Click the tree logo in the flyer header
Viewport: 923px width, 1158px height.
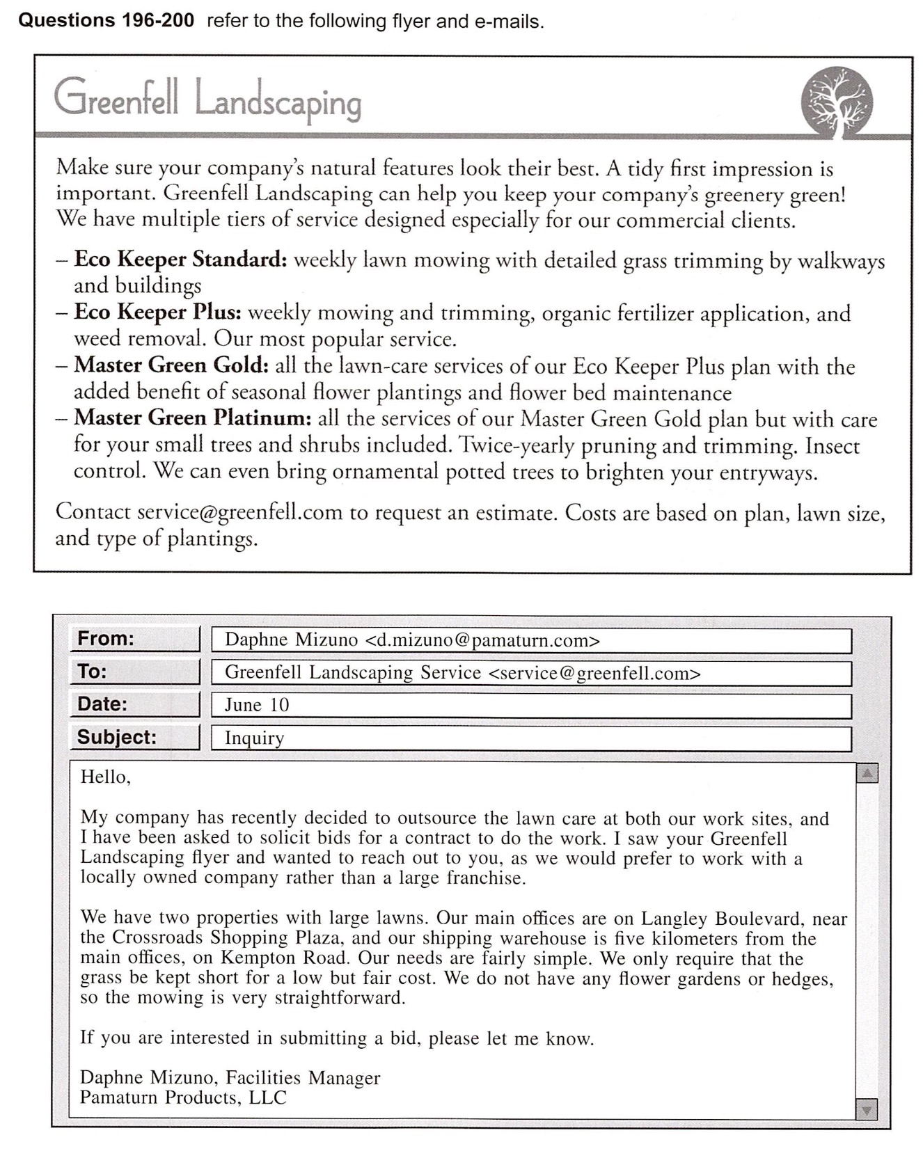837,101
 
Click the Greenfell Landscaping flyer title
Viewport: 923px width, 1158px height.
207,100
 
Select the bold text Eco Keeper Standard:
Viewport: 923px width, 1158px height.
180,259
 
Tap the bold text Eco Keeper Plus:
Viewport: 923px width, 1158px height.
157,312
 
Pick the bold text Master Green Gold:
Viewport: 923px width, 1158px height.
171,365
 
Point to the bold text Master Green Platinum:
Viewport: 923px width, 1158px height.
192,418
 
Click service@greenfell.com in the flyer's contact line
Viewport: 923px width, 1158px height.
239,512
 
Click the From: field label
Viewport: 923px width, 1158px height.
106,639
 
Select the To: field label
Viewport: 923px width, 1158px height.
92,672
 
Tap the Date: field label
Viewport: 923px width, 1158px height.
102,704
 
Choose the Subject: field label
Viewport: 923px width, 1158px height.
117,737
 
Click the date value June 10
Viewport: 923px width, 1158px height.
256,705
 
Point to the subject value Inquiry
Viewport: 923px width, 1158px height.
254,738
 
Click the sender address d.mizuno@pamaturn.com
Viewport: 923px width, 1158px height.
482,640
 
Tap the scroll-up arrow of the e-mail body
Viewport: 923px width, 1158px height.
867,773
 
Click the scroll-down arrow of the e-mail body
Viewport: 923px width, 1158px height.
867,1109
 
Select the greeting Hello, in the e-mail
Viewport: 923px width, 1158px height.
105,777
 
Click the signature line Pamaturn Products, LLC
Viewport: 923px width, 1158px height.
183,1097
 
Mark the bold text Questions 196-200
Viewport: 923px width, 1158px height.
106,21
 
